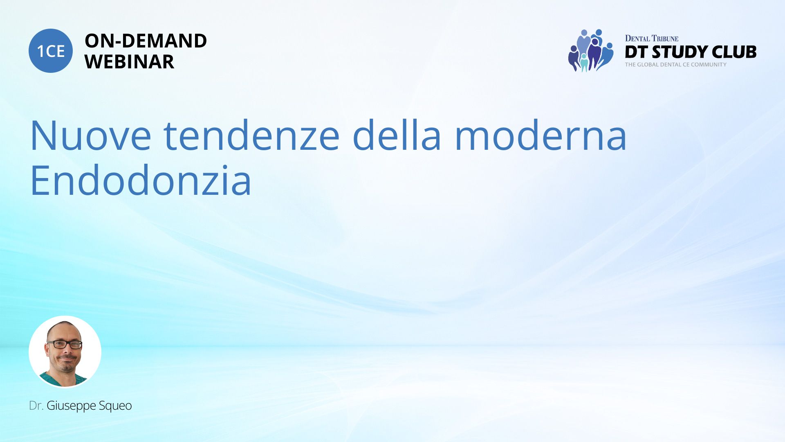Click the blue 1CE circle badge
[51, 51]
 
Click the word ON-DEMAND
[146, 41]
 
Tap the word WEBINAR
[129, 62]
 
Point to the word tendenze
[252, 135]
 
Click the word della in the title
[397, 135]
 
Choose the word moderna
[541, 135]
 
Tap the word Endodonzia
[141, 180]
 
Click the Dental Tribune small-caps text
[652, 38]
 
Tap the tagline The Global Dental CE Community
[676, 65]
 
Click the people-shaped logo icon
[591, 50]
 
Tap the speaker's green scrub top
[63, 379]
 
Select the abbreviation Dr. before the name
[36, 406]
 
